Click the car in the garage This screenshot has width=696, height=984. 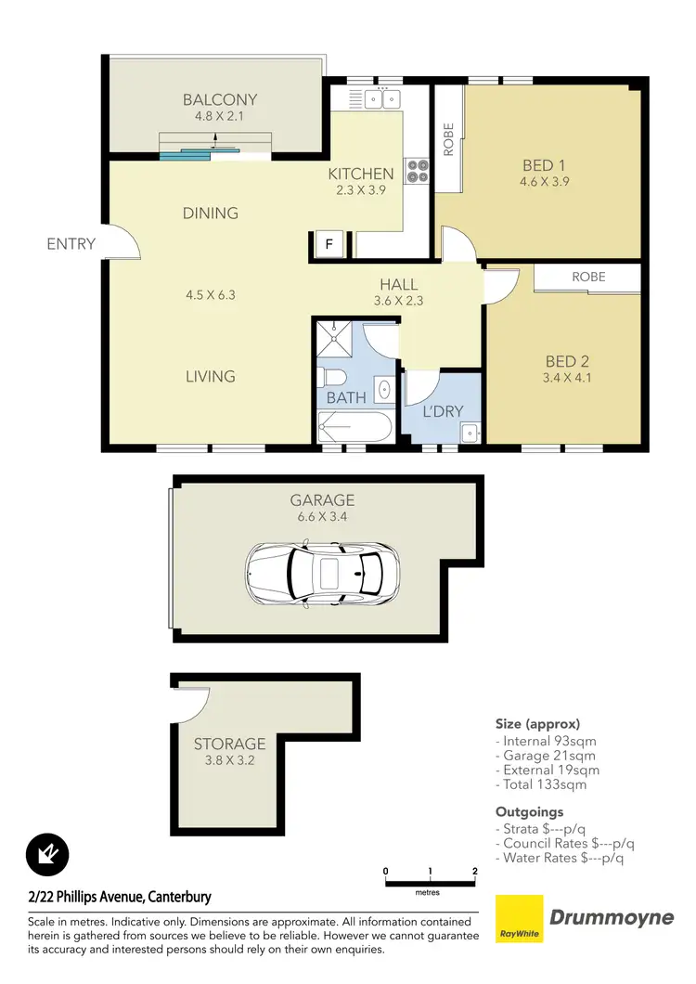pos(324,571)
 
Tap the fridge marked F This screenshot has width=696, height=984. pos(327,245)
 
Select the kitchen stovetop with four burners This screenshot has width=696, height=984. pos(418,171)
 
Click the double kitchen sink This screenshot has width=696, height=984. pos(381,97)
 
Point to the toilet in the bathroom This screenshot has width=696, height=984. pos(330,377)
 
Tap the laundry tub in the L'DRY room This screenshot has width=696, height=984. pos(470,432)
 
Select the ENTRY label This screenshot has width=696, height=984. pos(71,244)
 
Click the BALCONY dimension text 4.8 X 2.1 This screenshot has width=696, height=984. pos(219,117)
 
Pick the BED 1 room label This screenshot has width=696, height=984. pos(544,165)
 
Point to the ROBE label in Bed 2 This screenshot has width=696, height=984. pos(588,277)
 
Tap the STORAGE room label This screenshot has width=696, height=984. pos(229,744)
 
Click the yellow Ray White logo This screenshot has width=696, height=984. pos(519,919)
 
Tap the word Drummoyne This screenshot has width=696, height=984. pos(612,918)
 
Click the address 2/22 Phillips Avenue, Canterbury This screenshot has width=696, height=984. pos(120,897)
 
